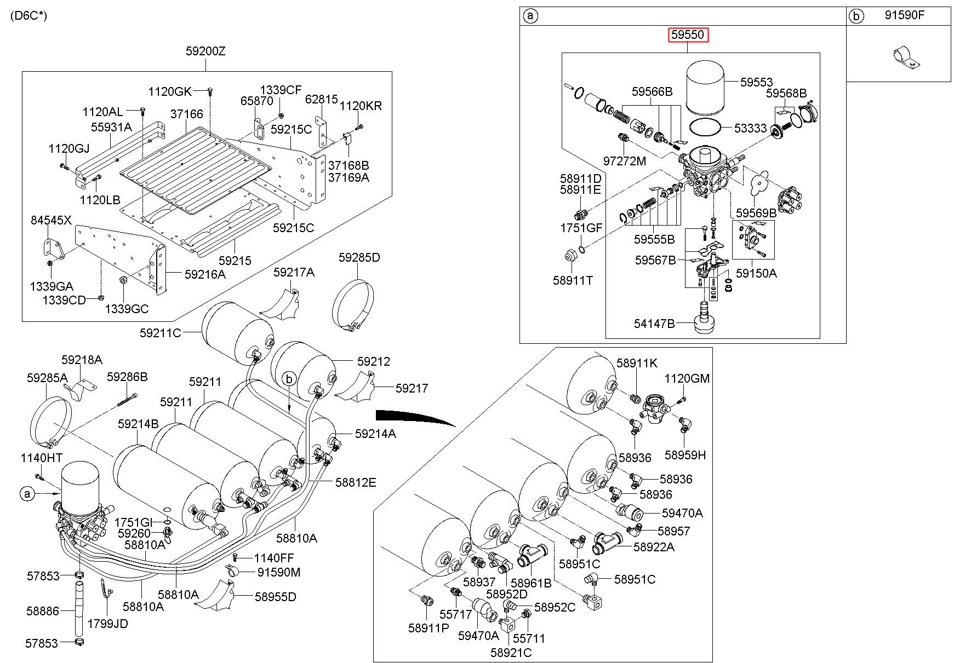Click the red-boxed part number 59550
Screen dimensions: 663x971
tap(688, 36)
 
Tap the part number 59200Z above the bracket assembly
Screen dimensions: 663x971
tap(205, 51)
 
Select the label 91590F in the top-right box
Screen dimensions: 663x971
tap(904, 15)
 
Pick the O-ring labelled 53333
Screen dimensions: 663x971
tap(705, 128)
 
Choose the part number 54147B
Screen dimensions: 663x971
tap(654, 324)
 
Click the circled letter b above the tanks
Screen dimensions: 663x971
tap(289, 378)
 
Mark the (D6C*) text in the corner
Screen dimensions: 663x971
tap(28, 15)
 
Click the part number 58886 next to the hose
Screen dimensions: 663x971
tap(43, 610)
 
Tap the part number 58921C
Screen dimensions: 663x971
tap(511, 653)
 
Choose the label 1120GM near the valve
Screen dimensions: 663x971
tap(687, 378)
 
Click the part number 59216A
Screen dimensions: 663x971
tap(205, 275)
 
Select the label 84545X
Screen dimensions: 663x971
tap(51, 220)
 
